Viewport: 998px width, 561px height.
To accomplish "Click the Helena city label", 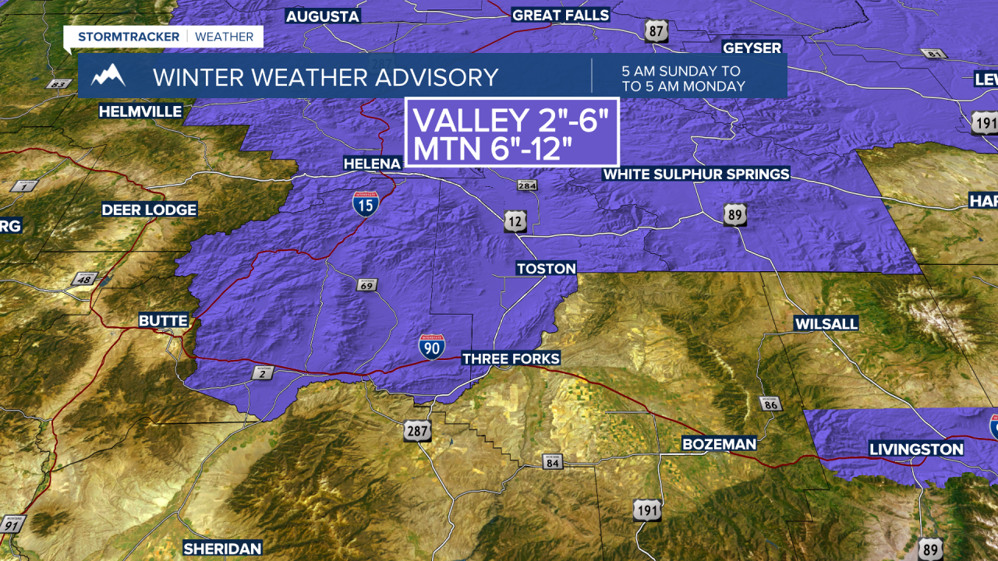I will click(x=373, y=164).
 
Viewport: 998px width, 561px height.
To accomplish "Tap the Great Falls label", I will click(x=561, y=16).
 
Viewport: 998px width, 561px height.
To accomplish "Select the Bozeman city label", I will click(x=719, y=444).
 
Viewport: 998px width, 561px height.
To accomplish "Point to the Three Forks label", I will click(x=511, y=358).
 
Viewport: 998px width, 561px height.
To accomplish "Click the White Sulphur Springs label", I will click(x=696, y=174).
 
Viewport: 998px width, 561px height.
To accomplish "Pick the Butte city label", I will click(x=163, y=320).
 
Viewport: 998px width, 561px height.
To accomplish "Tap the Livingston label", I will click(x=917, y=449).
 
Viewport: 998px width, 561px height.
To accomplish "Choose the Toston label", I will click(x=546, y=269).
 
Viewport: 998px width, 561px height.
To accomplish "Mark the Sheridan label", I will click(x=222, y=549).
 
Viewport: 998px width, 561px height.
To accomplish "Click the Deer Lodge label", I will click(x=149, y=210).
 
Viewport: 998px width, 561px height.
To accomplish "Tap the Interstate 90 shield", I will click(x=431, y=347).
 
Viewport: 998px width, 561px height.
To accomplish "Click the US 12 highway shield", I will click(x=515, y=221).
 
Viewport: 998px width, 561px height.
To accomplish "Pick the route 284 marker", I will click(x=526, y=185).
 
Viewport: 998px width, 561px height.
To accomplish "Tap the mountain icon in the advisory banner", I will click(x=108, y=76).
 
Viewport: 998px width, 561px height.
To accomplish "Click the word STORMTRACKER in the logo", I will click(x=129, y=37).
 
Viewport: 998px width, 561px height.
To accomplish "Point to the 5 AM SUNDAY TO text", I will click(x=681, y=70).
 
